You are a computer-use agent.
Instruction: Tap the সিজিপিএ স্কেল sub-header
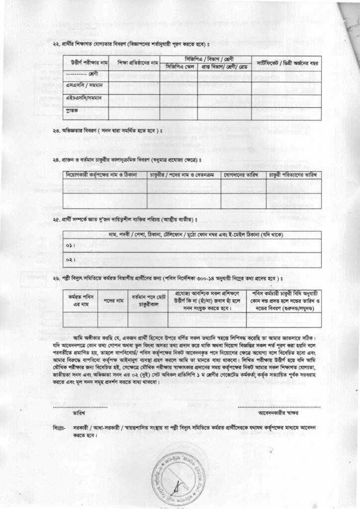(178, 67)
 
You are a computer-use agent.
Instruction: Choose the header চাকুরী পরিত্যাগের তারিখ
(292, 175)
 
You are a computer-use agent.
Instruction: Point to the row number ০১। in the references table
(70, 247)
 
